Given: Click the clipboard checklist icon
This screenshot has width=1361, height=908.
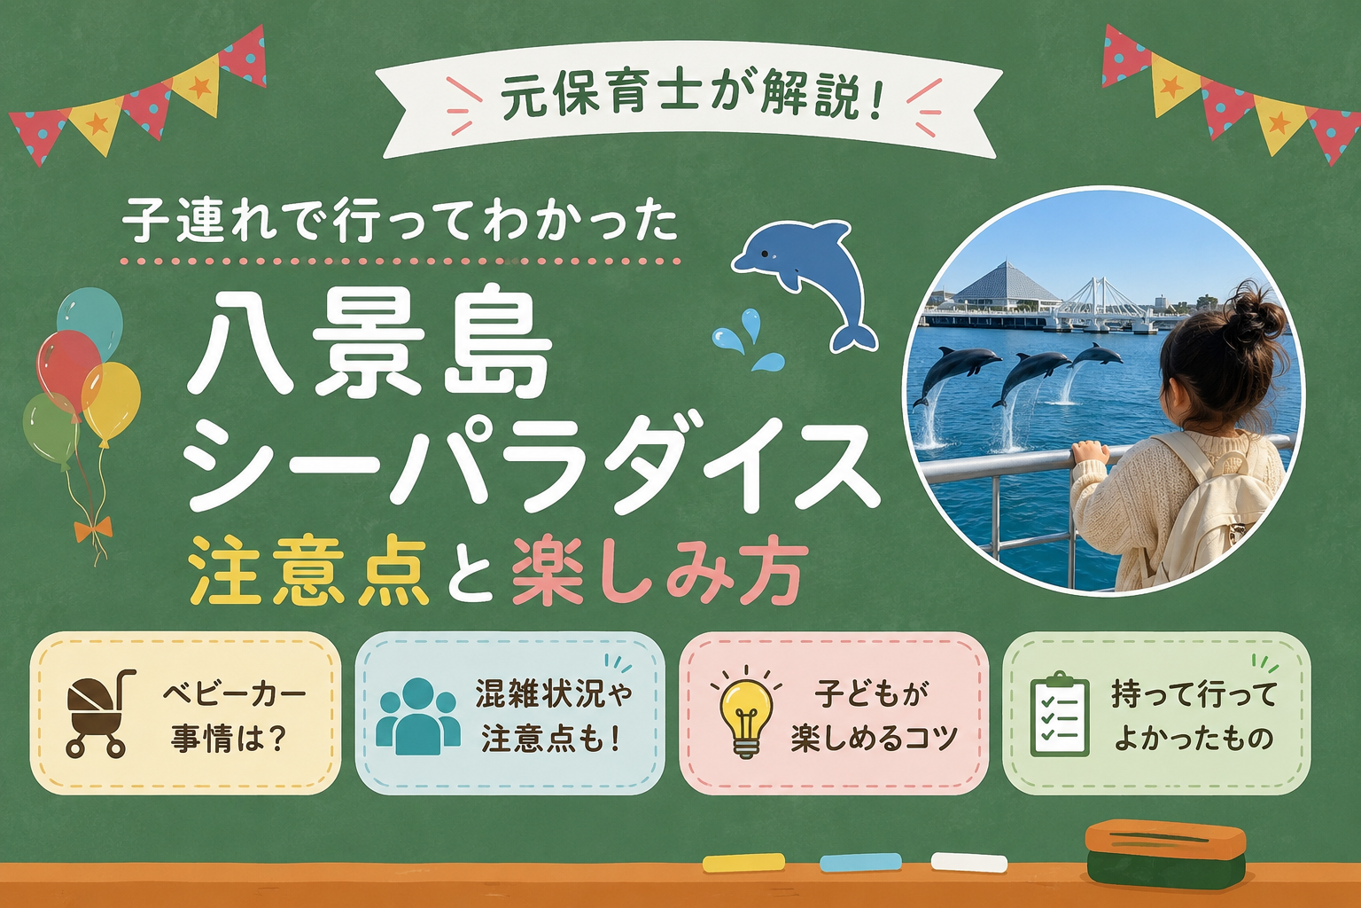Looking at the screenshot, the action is pos(1060,714).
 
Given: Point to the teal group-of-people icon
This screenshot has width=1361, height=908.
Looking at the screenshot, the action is pos(418,716).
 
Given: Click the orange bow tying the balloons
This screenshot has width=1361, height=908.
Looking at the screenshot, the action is pos(93,528).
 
